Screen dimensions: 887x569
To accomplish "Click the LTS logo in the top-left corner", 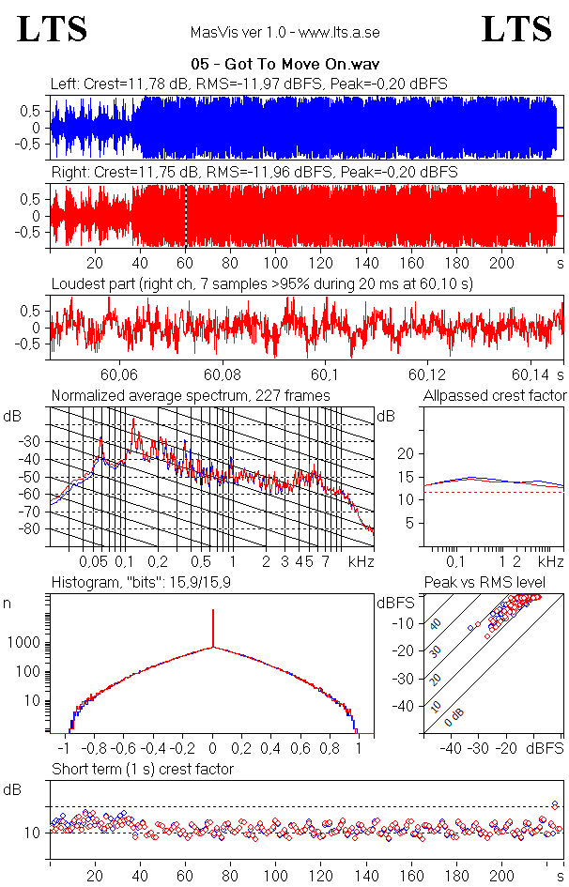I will click(x=53, y=29).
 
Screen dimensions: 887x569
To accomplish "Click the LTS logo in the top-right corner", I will click(x=516, y=29).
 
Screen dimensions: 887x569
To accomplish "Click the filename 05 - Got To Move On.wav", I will click(x=284, y=65).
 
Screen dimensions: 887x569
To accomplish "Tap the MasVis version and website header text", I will click(x=284, y=33).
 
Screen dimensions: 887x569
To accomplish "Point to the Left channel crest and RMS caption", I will click(x=249, y=84).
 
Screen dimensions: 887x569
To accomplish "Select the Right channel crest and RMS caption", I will click(x=254, y=173).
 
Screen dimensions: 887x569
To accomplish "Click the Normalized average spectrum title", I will click(x=191, y=395).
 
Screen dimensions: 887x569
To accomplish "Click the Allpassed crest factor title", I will click(x=495, y=395).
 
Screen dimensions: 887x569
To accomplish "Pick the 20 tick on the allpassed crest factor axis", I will click(x=407, y=454).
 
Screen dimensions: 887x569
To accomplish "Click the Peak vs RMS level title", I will click(x=495, y=582).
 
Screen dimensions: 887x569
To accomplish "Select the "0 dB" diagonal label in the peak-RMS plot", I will click(x=454, y=717).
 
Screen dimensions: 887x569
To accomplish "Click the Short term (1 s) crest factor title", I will click(x=143, y=770).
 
